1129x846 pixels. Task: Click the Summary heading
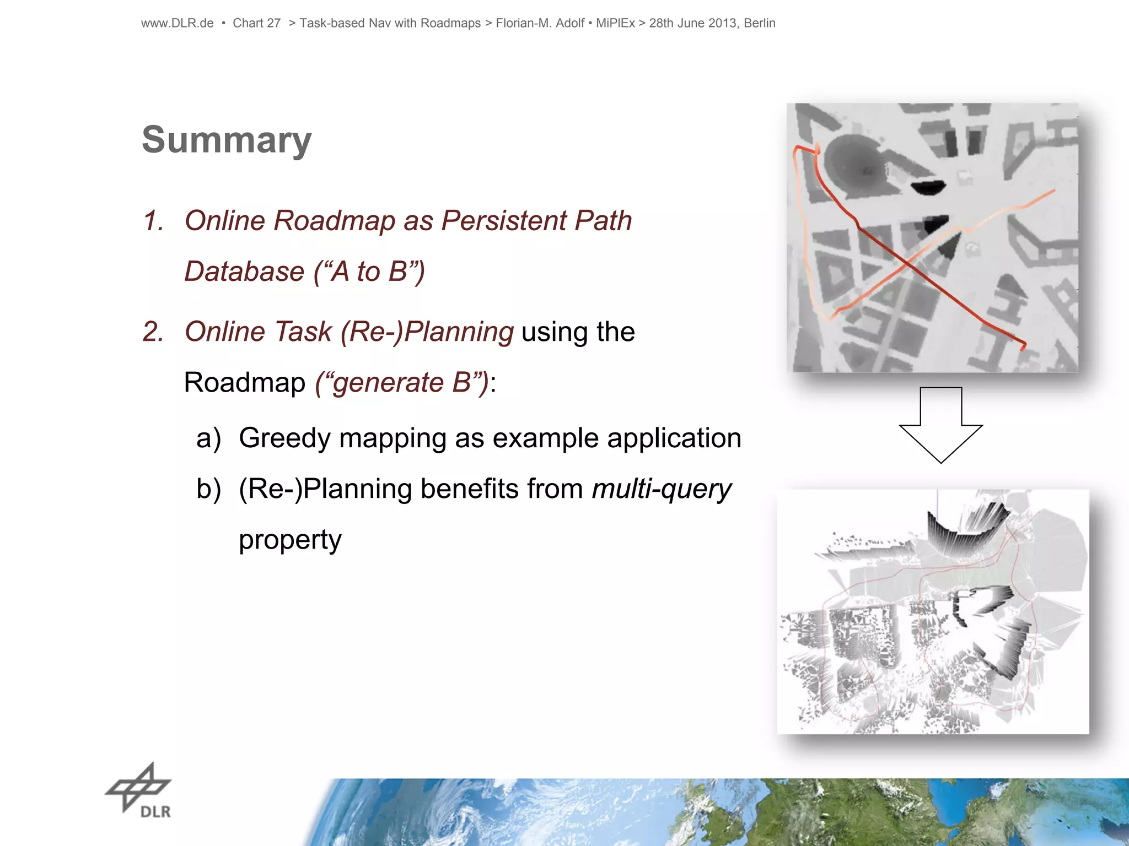(x=227, y=140)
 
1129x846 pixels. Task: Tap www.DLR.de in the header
(x=177, y=23)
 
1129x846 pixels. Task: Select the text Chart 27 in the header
(x=256, y=23)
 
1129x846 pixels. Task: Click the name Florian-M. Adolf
(x=540, y=23)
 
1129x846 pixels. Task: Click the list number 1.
(x=153, y=221)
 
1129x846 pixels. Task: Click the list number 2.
(x=153, y=332)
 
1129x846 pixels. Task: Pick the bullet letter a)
(x=208, y=439)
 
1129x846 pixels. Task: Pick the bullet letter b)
(x=208, y=490)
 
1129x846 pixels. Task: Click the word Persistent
(x=504, y=221)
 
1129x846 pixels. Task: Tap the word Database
(x=244, y=272)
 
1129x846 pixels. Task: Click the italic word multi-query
(x=661, y=490)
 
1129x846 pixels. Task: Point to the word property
(x=290, y=540)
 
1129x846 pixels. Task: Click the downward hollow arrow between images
(x=940, y=424)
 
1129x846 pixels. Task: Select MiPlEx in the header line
(x=615, y=23)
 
